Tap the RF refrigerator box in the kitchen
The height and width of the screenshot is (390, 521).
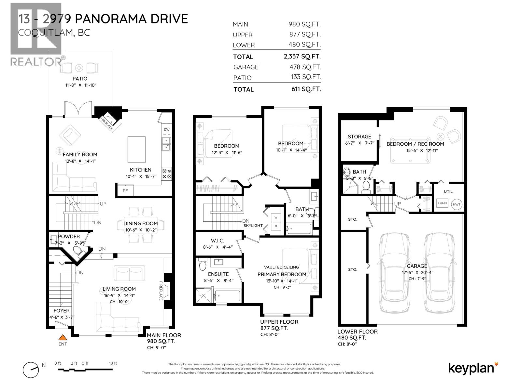point(125,191)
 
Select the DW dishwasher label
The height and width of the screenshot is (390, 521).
point(166,129)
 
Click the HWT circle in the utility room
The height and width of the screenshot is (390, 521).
point(457,204)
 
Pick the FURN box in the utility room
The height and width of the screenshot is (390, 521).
point(442,203)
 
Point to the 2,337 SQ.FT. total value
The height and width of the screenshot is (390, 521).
point(302,56)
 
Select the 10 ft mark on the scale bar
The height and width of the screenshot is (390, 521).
point(113,363)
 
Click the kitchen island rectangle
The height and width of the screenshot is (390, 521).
point(136,149)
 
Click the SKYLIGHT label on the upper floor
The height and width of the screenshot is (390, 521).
point(253,226)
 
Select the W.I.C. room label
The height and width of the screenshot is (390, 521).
point(217,240)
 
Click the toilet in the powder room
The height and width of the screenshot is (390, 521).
point(77,251)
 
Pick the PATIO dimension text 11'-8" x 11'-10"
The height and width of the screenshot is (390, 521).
point(80,85)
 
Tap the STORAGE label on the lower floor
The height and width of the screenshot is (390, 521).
point(359,136)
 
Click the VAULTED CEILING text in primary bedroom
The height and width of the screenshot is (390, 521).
point(281,267)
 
